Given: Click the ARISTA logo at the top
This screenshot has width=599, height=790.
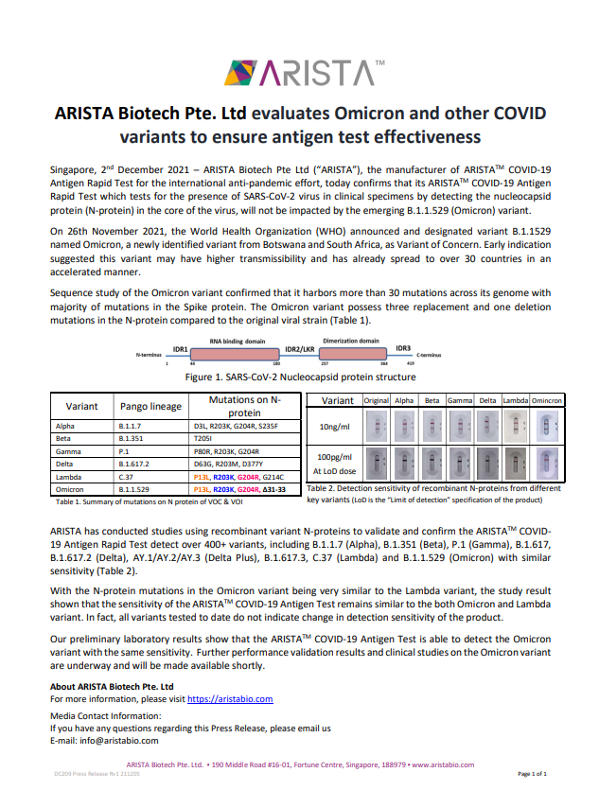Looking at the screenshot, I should point(299,71).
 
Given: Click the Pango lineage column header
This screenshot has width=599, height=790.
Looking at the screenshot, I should point(150,407).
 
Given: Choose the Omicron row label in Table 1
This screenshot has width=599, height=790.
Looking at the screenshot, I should point(68,490).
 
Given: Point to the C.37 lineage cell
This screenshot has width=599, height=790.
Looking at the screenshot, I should point(128,478).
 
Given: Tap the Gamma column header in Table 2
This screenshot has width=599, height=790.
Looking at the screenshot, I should point(460,401).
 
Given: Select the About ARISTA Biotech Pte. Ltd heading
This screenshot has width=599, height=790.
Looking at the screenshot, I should point(111,686).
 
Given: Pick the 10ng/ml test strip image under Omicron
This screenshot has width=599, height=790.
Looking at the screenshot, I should point(544,427).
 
